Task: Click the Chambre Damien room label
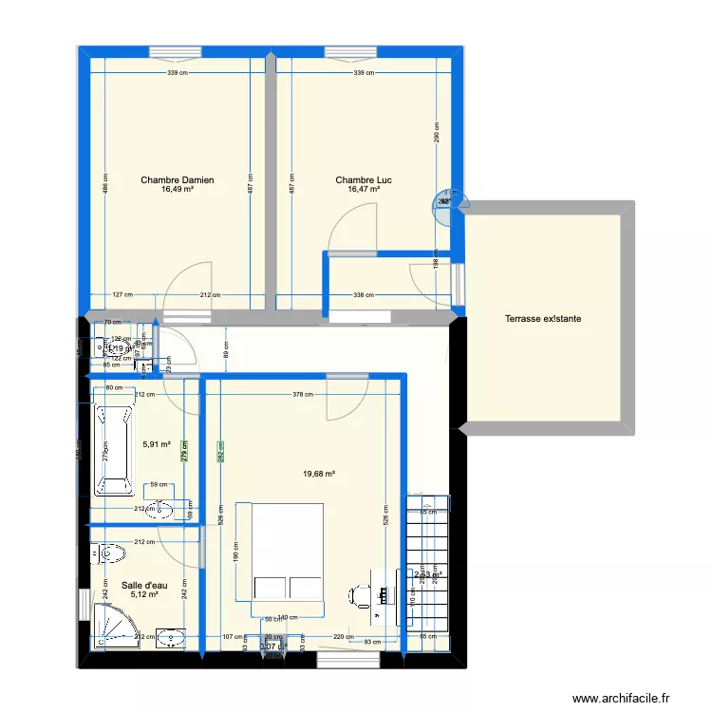click(177, 179)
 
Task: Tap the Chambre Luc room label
click(364, 179)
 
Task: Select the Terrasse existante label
click(543, 319)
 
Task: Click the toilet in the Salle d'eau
click(107, 553)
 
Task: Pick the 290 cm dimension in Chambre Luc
click(436, 133)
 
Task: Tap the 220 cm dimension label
click(344, 637)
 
